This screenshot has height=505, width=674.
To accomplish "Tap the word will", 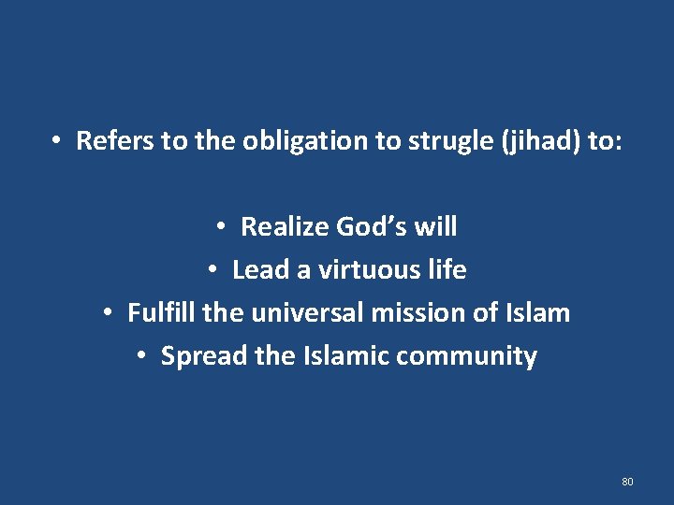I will point(437,226).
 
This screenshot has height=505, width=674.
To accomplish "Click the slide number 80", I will point(627,482).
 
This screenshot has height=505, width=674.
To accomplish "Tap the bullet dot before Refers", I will point(57,141).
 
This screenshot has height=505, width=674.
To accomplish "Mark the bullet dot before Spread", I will point(140,356).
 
